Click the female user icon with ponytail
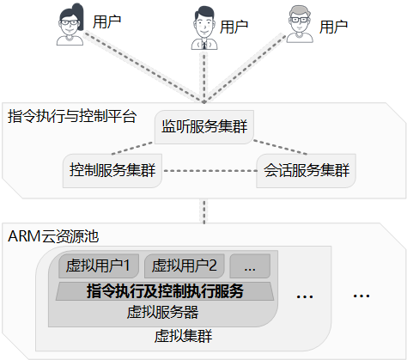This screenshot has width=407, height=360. (x=70, y=25)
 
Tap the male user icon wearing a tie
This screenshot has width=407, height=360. (x=204, y=27)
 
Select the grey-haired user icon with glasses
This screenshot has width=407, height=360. (x=300, y=24)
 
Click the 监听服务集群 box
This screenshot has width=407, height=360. (x=204, y=127)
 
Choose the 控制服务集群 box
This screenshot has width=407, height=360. (x=112, y=171)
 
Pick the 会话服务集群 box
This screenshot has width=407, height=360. (x=306, y=171)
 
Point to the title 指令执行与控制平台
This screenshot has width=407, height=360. (x=72, y=116)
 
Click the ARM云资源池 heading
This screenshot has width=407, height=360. (x=53, y=236)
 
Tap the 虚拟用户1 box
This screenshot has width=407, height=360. (x=99, y=265)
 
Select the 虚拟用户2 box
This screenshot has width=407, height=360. (x=184, y=265)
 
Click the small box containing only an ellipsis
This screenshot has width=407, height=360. (x=250, y=265)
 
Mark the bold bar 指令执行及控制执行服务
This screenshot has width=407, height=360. (x=165, y=291)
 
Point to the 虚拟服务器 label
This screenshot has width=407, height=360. (x=162, y=312)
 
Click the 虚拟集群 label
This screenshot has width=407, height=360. (x=184, y=336)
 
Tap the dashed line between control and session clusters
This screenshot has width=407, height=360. (x=210, y=171)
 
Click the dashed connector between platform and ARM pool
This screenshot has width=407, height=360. (x=204, y=211)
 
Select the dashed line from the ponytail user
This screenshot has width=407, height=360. (x=144, y=68)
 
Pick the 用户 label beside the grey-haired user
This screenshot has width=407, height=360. (x=333, y=27)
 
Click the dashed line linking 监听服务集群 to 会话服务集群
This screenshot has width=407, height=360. (x=280, y=147)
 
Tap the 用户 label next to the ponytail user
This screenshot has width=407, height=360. (x=107, y=21)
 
